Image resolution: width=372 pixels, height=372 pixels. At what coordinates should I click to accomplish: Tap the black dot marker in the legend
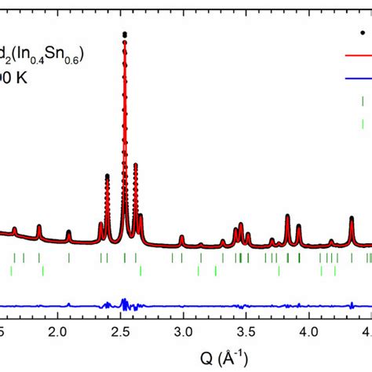point(362,34)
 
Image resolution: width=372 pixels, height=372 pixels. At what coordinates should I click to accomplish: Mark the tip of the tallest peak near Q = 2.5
point(125,34)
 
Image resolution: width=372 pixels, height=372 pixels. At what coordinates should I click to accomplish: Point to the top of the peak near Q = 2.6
point(136,165)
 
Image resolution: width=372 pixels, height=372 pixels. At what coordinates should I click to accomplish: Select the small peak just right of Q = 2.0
point(68,232)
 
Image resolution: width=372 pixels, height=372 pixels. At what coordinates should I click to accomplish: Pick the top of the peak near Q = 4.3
point(351,217)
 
